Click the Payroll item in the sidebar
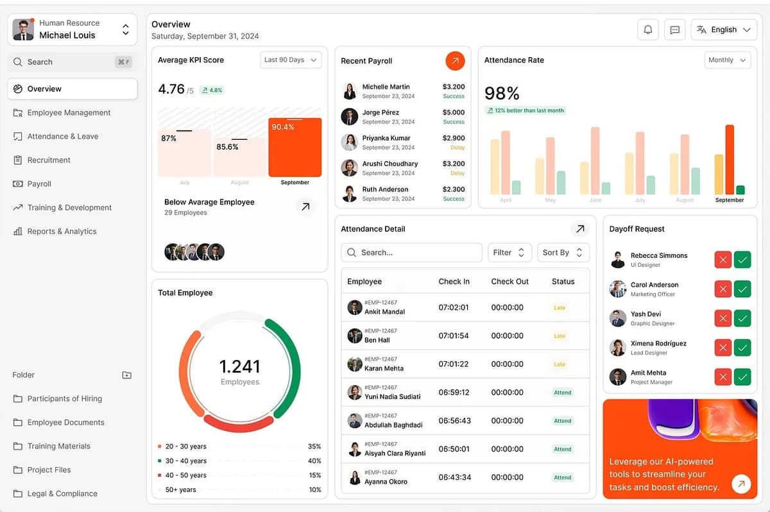(39, 183)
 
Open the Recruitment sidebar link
(49, 160)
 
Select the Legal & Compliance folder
(62, 493)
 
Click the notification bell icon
(648, 30)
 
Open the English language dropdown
(724, 30)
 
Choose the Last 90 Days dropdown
(291, 60)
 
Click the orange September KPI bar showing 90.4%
(295, 148)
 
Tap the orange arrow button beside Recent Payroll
(455, 61)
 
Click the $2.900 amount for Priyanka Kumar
(454, 138)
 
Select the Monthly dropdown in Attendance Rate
(727, 60)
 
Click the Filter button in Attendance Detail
(509, 252)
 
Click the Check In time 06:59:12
(454, 392)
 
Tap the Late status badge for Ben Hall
(560, 336)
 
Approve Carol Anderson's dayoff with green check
(742, 289)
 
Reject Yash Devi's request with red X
(723, 318)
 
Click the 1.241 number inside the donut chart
(240, 366)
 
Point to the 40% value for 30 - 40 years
(314, 461)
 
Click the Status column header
(563, 281)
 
